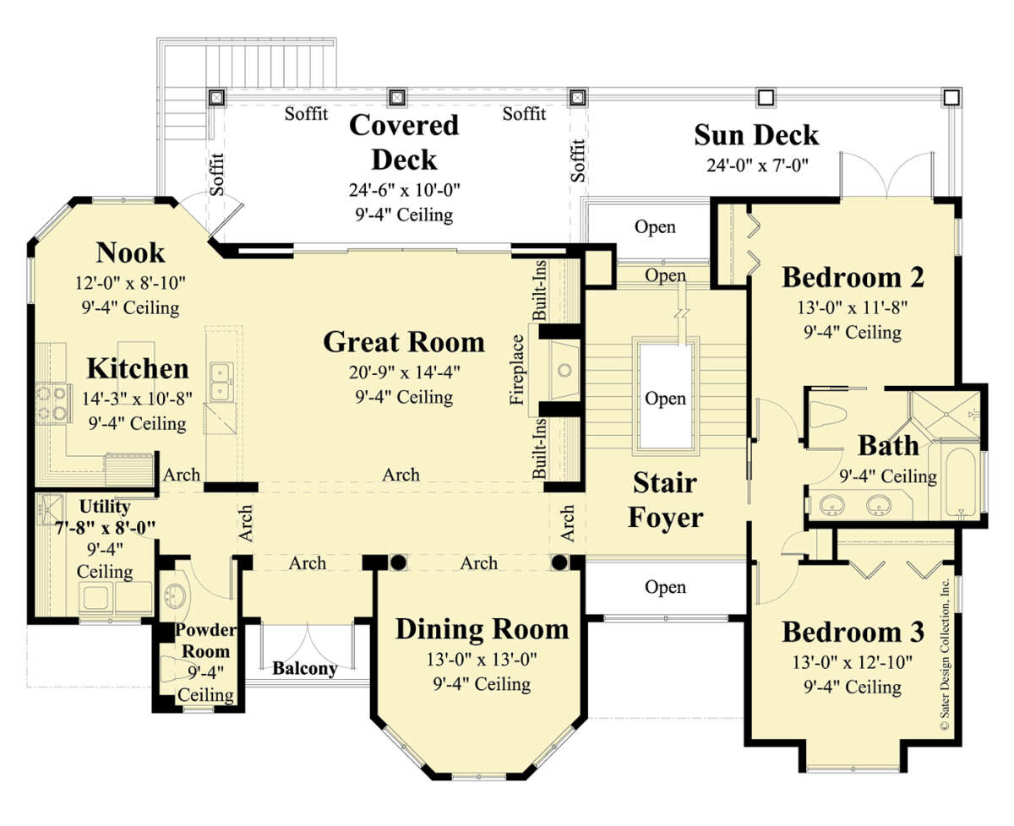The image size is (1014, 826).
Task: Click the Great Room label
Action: point(404,342)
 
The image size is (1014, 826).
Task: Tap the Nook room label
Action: point(130,253)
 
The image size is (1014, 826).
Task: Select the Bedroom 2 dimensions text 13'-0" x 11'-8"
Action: point(852,307)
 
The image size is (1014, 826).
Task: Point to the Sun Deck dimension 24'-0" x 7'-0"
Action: point(757,165)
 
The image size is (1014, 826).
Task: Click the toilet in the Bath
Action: point(827,414)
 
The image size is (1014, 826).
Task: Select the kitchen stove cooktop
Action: point(53,403)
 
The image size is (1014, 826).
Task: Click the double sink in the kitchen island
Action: point(221,382)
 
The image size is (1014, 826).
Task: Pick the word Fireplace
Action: point(517,370)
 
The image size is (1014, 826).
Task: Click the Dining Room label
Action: point(482,629)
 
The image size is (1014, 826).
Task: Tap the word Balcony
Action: point(305,669)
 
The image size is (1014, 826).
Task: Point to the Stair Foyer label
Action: point(665,500)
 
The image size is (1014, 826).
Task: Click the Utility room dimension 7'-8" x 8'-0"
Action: point(105,528)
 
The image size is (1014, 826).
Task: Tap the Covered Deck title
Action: point(404,142)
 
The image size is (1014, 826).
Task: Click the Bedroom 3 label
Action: point(853,633)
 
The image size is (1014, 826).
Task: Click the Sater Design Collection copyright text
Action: point(945,655)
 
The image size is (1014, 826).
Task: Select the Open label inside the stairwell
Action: point(665,399)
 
